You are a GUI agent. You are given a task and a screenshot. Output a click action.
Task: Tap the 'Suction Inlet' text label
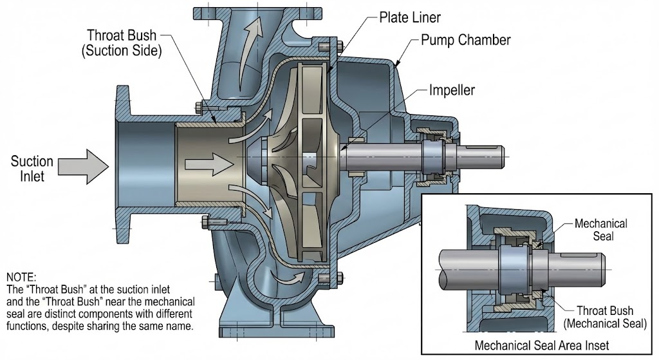32,168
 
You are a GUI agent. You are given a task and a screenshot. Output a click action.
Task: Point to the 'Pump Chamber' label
465,40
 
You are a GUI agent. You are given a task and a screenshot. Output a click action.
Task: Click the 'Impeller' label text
452,91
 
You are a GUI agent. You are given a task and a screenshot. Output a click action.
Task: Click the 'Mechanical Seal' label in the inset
600,229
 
